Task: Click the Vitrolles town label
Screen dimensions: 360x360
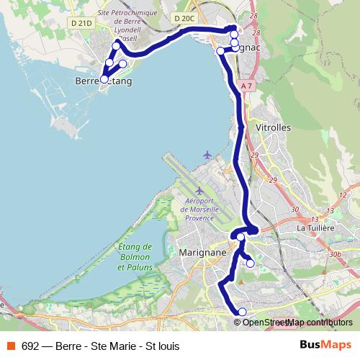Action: [x=273, y=126]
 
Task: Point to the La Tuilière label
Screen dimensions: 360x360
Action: [x=316, y=228]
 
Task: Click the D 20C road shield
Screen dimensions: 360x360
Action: [x=184, y=17]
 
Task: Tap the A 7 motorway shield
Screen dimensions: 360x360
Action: [x=248, y=86]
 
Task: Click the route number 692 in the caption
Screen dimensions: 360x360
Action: [x=31, y=346]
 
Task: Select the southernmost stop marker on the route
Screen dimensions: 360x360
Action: [x=242, y=312]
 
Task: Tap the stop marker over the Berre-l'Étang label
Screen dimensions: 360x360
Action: [x=104, y=79]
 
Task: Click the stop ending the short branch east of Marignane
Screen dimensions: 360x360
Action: [x=250, y=264]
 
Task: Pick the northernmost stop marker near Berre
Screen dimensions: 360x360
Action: [x=117, y=46]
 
